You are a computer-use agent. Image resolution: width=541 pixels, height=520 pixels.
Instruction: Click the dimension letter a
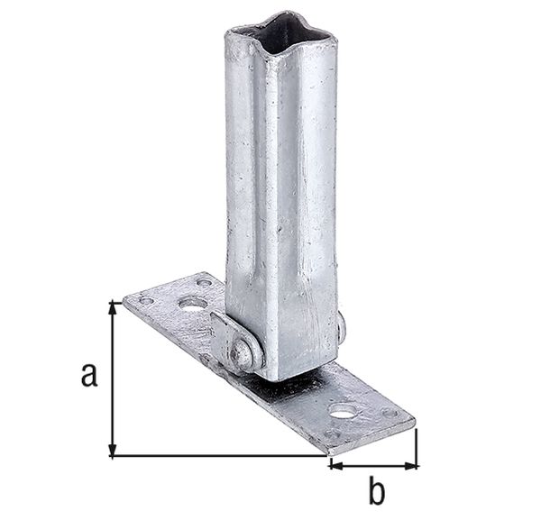click(x=88, y=373)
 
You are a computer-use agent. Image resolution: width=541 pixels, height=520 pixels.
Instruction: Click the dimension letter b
click(x=377, y=493)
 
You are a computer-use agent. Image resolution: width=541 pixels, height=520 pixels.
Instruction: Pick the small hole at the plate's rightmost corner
click(x=390, y=413)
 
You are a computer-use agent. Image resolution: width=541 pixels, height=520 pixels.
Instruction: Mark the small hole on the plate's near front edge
click(x=335, y=434)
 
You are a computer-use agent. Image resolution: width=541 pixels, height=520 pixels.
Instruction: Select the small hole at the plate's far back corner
click(x=205, y=283)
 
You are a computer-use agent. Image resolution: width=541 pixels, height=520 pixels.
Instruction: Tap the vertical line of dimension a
click(x=112, y=379)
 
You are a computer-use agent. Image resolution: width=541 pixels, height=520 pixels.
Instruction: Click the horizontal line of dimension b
click(x=373, y=465)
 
